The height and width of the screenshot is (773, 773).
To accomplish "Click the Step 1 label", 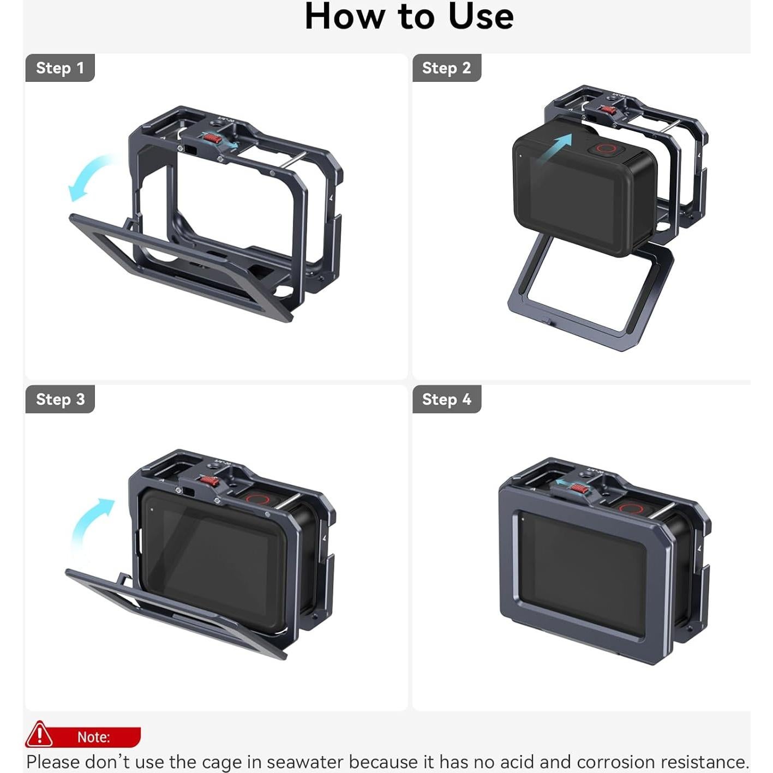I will point(60,68).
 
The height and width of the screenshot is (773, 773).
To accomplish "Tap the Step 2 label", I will point(446,68).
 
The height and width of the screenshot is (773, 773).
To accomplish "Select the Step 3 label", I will point(60,399).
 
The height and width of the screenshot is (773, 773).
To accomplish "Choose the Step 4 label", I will point(446,399).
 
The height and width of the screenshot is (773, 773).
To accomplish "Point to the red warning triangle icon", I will point(39,734).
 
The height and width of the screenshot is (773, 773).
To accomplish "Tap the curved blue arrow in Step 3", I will point(90,524).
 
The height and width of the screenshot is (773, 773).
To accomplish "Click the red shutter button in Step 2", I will point(604,148).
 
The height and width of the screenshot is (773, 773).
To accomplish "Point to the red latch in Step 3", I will point(208,482).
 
